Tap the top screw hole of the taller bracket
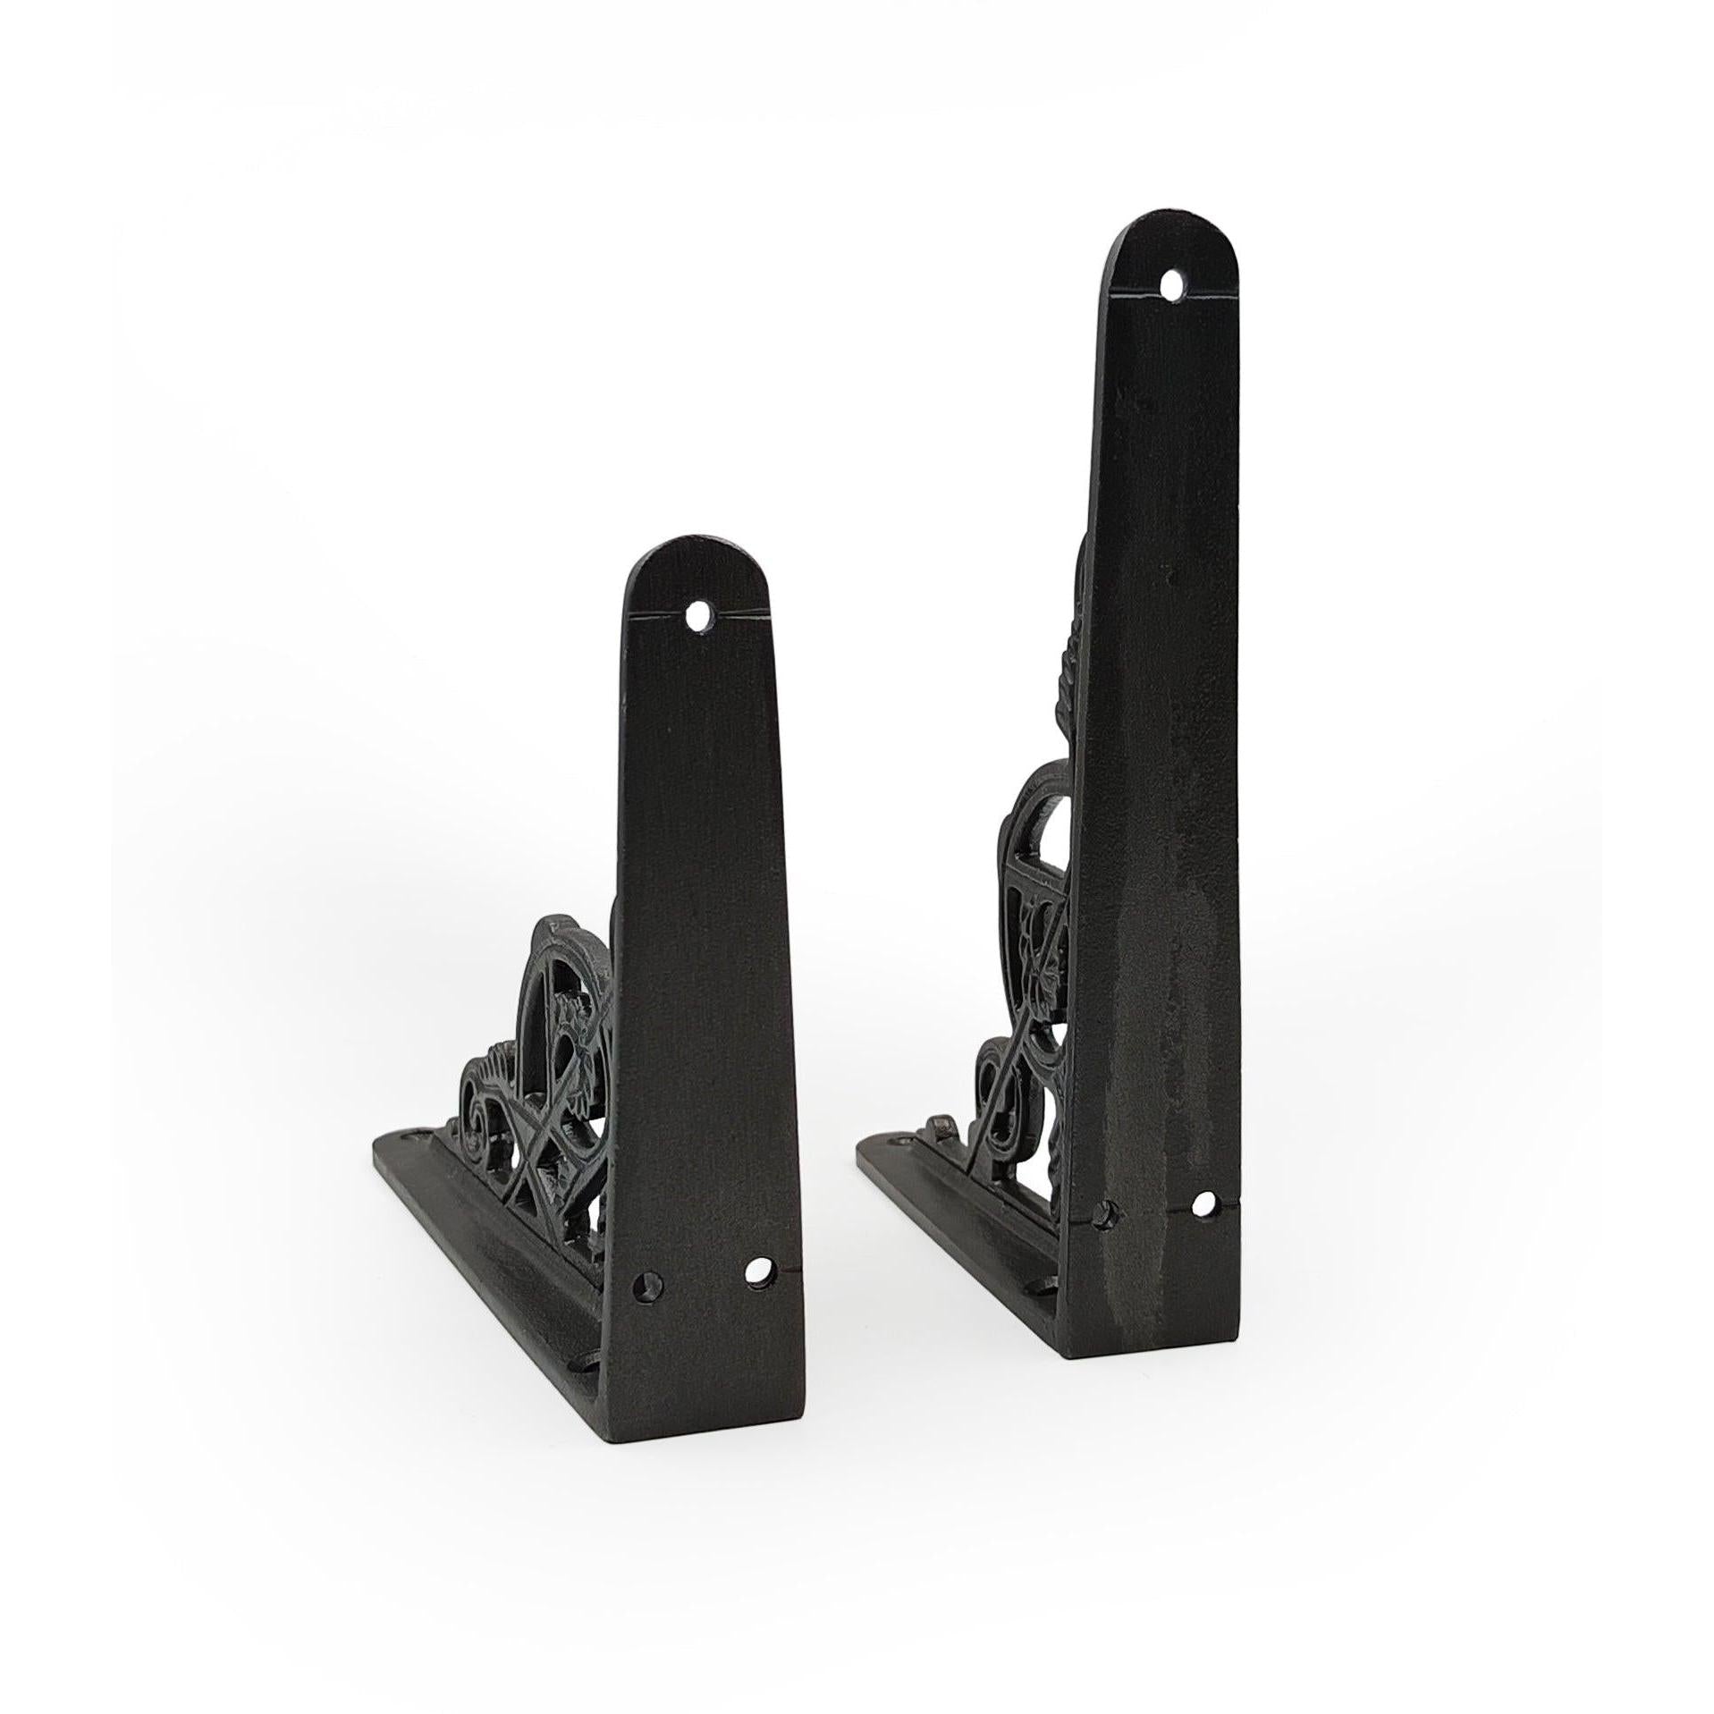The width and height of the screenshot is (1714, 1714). click(1172, 286)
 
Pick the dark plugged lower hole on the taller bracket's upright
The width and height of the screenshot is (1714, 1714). click(1109, 1213)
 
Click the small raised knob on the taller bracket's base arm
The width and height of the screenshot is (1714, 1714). click(939, 1122)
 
